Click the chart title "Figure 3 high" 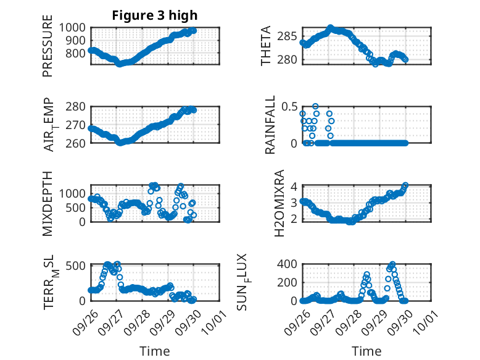[155, 15]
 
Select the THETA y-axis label [265, 46]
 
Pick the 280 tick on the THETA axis [290, 60]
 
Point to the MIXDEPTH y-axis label [48, 204]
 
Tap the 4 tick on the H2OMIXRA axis [294, 186]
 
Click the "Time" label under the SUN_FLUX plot [366, 351]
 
